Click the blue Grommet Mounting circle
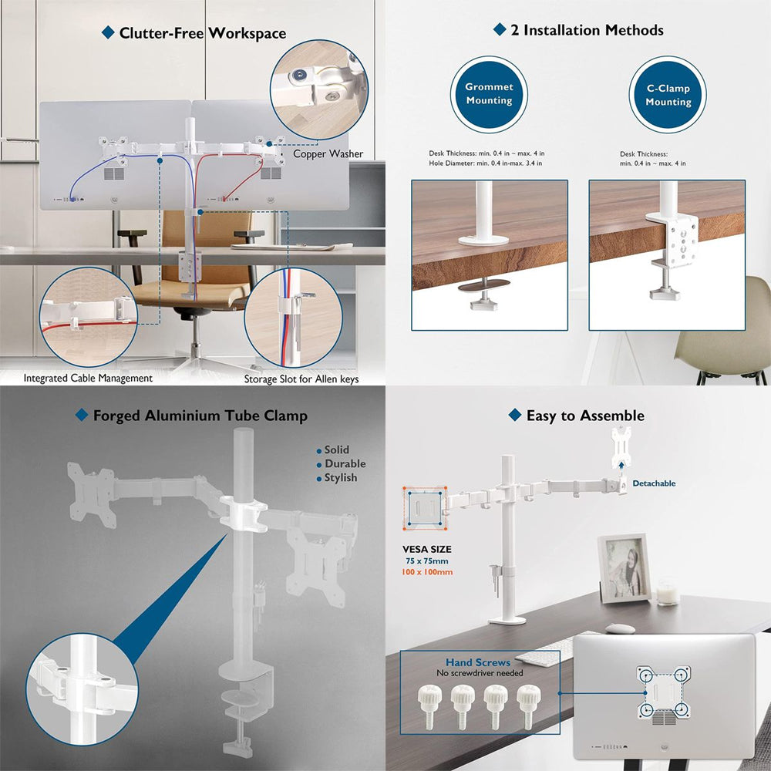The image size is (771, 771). coord(489,94)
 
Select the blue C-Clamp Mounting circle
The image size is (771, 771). coord(668,94)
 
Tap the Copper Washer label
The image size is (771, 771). coord(328,153)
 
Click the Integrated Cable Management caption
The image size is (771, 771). coord(88,378)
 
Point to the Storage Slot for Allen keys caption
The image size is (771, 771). coord(301,379)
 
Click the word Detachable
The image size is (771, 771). coord(654,483)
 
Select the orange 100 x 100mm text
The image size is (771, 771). coord(427,572)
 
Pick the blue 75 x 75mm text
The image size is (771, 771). coord(427,561)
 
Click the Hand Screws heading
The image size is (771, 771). coord(478,662)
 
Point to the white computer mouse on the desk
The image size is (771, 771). coord(620,628)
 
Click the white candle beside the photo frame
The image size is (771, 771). coord(668,592)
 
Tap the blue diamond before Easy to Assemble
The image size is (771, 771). coord(515,415)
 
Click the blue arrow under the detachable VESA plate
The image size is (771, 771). coord(621,466)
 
